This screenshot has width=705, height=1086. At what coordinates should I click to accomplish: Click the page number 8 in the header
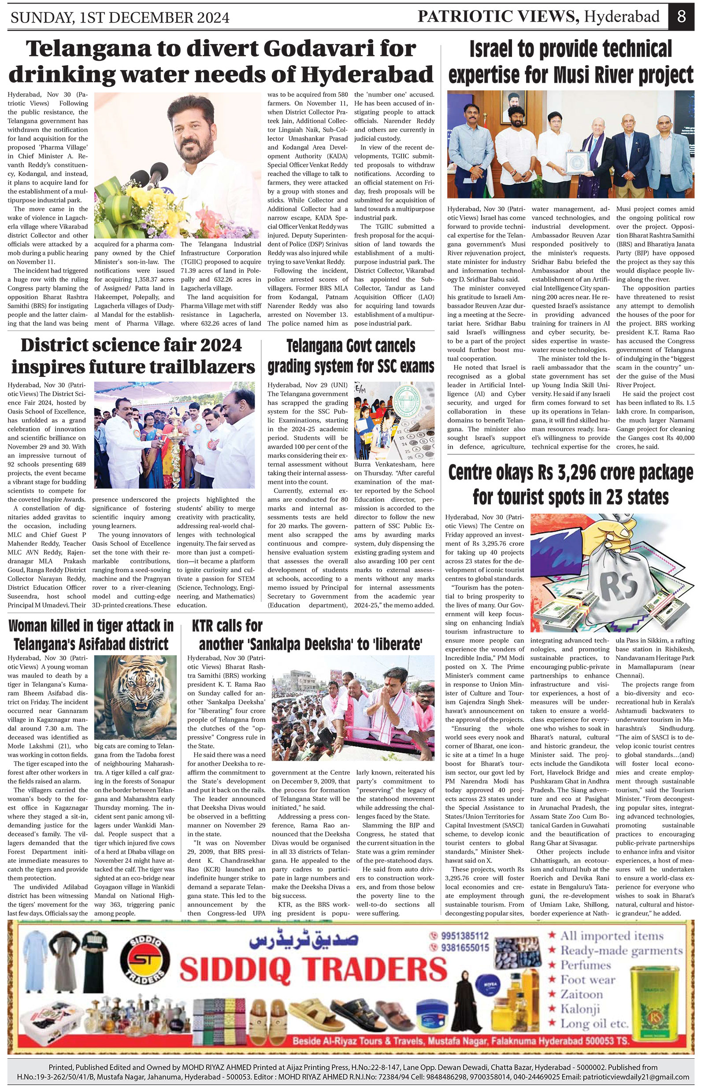tap(681, 17)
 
